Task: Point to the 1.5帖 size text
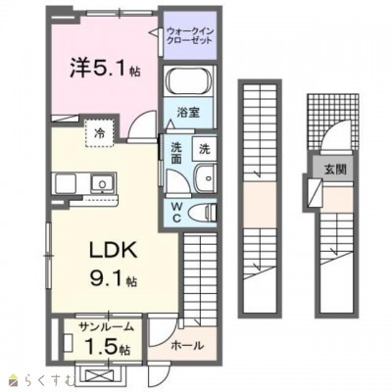(x=103, y=347)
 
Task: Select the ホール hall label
(x=185, y=345)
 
